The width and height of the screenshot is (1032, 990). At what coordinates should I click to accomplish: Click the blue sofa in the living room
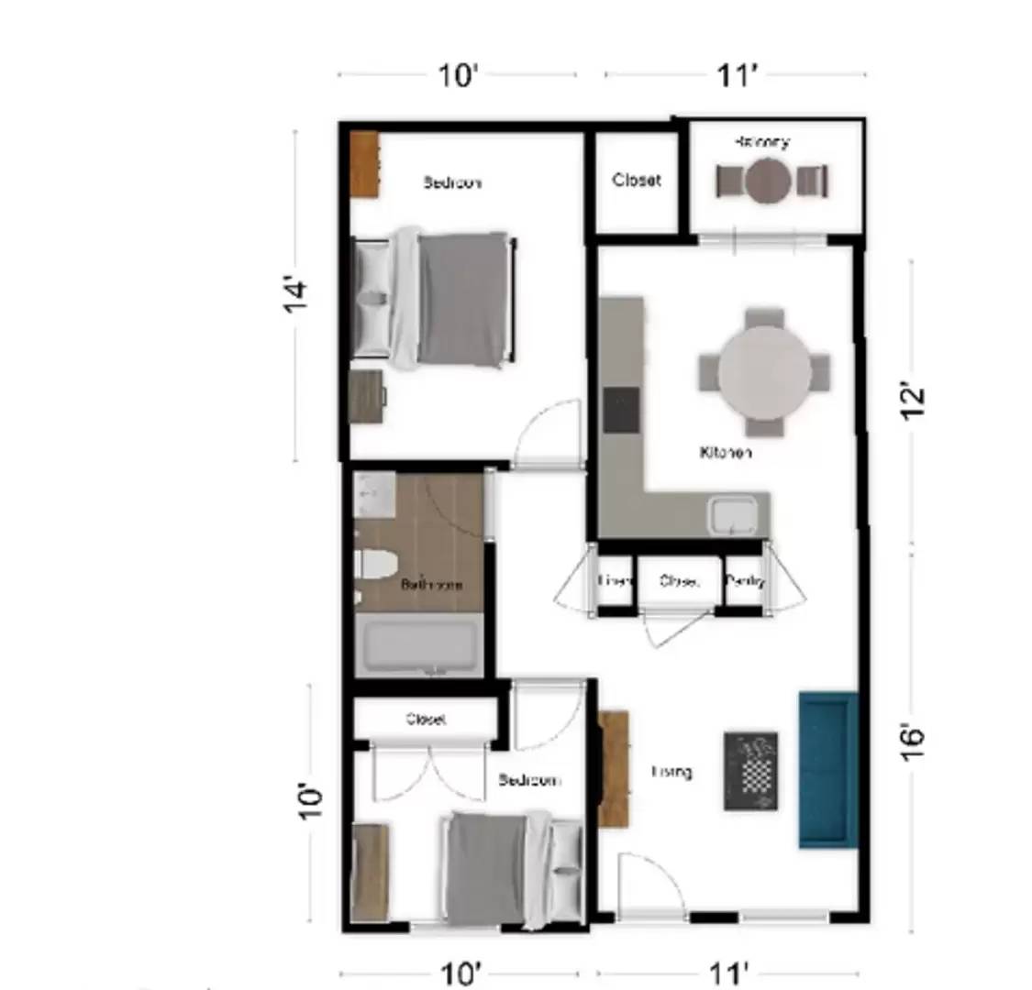click(x=828, y=770)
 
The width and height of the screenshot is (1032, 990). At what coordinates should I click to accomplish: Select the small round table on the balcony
click(x=768, y=181)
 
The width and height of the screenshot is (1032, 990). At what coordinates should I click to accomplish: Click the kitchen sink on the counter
click(x=733, y=515)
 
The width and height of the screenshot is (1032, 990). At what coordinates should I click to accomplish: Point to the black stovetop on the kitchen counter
click(x=622, y=409)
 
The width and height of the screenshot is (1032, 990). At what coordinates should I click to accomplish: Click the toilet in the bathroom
click(x=374, y=564)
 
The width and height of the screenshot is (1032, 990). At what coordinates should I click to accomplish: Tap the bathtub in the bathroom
click(x=418, y=645)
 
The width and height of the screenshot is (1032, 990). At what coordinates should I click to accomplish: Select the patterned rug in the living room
click(x=751, y=771)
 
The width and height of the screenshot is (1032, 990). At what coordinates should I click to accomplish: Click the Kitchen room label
click(x=726, y=453)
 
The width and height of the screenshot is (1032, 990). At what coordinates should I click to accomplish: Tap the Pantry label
click(x=744, y=581)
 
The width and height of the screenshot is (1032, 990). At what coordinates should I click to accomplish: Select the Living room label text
click(x=671, y=772)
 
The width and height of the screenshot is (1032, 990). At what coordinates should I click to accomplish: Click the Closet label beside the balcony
click(x=637, y=181)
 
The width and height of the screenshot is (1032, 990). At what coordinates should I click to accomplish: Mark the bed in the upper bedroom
click(x=440, y=298)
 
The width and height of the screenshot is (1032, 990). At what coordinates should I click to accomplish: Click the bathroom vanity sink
click(x=374, y=495)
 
